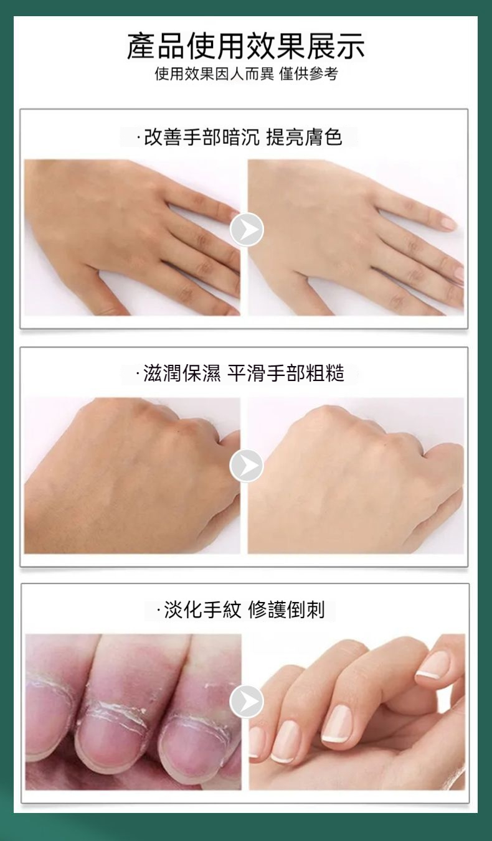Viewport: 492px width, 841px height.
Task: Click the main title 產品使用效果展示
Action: pyautogui.click(x=246, y=46)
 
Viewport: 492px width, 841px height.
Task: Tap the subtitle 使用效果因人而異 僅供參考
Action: pyautogui.click(x=246, y=74)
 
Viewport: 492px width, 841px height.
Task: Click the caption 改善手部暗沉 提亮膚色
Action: pyautogui.click(x=239, y=137)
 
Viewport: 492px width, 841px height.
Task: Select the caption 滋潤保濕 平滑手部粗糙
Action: pyautogui.click(x=240, y=374)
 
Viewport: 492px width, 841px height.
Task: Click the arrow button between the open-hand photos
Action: pyautogui.click(x=247, y=230)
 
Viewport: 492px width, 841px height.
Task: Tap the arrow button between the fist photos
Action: pyautogui.click(x=247, y=466)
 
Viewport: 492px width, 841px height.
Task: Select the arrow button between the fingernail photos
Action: pyautogui.click(x=247, y=702)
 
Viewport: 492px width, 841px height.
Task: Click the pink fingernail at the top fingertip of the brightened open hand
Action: pyautogui.click(x=448, y=223)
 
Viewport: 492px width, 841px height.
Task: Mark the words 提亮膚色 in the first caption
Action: pyautogui.click(x=304, y=137)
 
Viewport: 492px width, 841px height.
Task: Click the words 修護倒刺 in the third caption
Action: pyautogui.click(x=286, y=609)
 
